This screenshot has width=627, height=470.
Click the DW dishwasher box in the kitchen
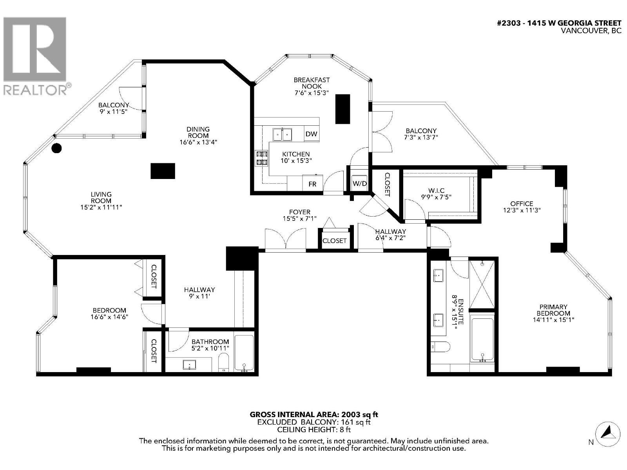312,134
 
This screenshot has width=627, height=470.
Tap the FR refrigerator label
312,184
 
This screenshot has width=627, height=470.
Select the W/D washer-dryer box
359,183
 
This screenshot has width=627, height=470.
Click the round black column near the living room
57,148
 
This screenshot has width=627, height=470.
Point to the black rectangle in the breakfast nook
342,109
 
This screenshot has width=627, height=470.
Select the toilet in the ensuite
440,346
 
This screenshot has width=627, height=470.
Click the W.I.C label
437,191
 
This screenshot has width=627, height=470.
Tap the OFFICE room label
522,204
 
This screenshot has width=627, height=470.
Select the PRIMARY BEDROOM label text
553,310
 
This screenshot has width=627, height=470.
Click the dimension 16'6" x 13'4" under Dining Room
198,142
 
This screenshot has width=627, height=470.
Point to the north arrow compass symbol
608,434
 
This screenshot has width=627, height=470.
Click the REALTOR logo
36,55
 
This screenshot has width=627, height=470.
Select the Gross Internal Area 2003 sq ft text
314,414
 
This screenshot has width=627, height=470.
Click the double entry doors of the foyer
285,239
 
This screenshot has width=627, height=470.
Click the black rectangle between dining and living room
163,171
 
